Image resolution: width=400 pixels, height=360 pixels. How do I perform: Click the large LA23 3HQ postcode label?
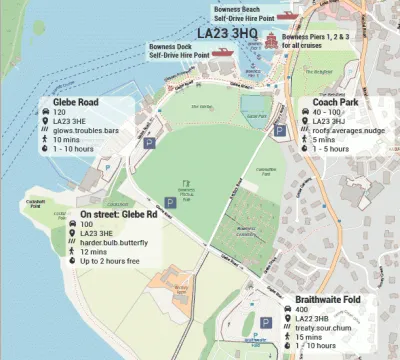coord(227,34)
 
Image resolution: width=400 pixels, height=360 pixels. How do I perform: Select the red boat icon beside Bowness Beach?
coord(288,16)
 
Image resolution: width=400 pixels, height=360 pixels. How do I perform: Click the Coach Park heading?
coord(335,102)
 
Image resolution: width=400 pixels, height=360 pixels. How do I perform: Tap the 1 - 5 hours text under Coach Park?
coord(331,149)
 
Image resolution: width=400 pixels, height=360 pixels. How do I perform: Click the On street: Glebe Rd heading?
coord(119,214)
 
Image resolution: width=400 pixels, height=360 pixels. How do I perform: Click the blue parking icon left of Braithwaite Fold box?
coord(267,322)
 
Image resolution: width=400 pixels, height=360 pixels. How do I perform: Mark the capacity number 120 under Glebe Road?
coord(59,114)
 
